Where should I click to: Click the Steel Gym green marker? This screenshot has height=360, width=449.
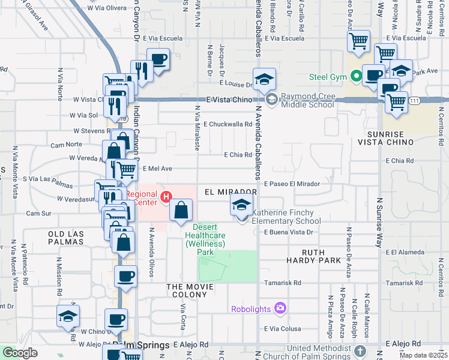(356, 76)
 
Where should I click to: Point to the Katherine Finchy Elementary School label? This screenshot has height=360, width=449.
(286, 217)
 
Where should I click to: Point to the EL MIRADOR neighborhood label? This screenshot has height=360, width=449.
(231, 192)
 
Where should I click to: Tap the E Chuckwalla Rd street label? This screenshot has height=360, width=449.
(228, 124)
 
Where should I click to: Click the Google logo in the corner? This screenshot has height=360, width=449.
(20, 353)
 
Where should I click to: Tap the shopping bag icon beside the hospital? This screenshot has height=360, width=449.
(181, 211)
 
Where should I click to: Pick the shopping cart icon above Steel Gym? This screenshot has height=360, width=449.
(358, 41)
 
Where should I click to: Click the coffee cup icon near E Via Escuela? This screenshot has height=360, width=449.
(158, 59)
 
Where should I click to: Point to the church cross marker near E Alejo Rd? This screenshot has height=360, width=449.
(360, 350)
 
